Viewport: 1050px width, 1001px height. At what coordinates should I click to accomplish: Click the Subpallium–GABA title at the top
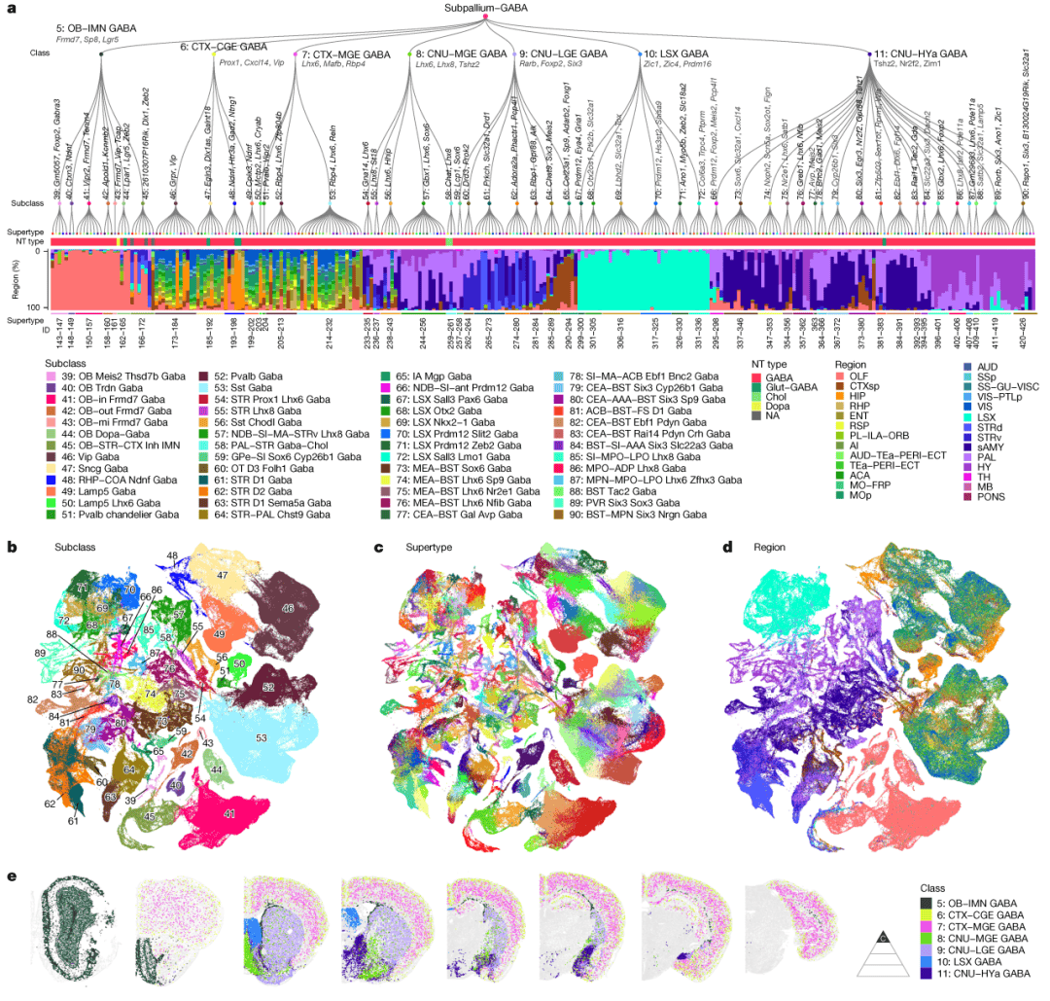coord(484,6)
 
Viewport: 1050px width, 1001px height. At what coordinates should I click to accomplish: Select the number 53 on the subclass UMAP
coord(262,737)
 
